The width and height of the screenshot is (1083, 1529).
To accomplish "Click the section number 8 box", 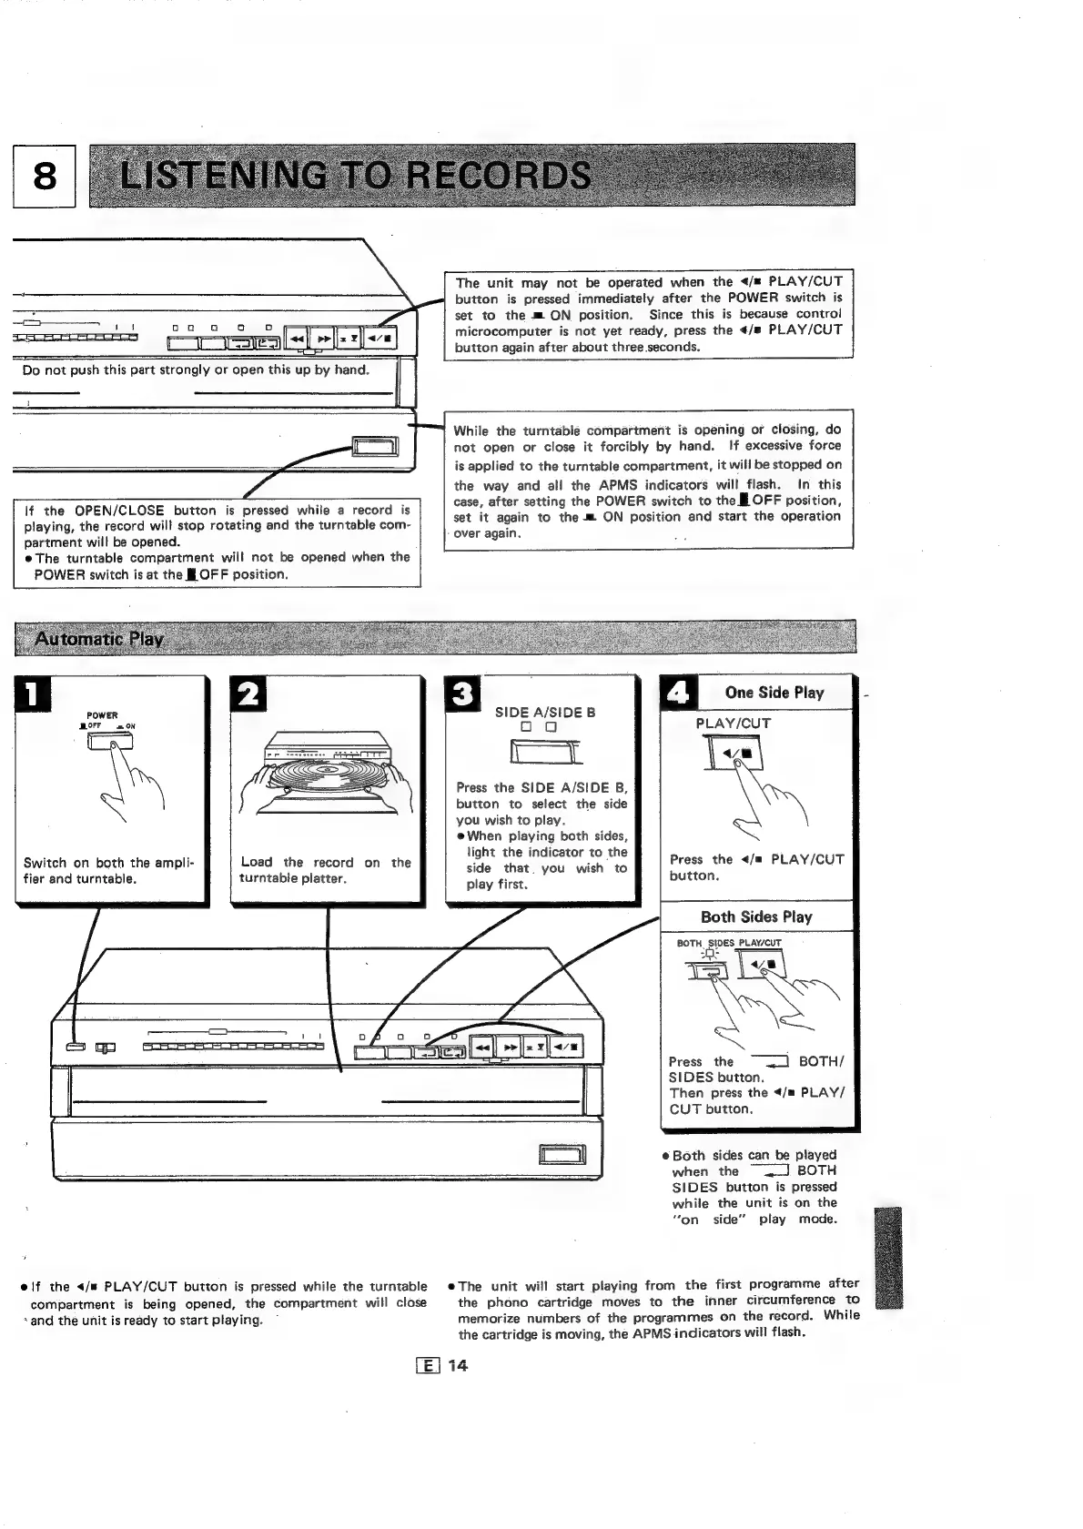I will [44, 177].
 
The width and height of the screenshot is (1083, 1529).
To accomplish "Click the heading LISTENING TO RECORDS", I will [355, 176].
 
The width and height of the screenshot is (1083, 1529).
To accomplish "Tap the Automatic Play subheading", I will [98, 638].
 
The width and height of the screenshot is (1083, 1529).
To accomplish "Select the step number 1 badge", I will [32, 696].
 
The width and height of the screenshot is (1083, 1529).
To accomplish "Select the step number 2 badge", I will [249, 696].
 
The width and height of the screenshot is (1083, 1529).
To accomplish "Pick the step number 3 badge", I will [463, 696].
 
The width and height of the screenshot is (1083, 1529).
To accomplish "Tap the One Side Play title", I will [774, 693].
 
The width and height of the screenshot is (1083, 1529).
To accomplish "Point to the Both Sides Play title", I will [756, 916].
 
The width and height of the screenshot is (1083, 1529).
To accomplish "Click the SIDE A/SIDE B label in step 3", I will [545, 713].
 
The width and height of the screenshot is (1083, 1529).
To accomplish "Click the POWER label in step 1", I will [102, 715].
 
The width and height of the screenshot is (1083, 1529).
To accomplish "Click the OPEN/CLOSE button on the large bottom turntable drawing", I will [563, 1157].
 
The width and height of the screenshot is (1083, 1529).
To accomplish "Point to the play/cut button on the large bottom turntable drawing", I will [568, 1048].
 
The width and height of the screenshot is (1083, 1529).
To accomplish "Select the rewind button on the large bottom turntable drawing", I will [481, 1048].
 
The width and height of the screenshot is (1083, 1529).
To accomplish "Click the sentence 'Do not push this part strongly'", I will [196, 370].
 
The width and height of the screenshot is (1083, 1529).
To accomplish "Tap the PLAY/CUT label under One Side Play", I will [734, 724].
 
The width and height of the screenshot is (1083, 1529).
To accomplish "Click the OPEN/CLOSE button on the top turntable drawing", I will [377, 446].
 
